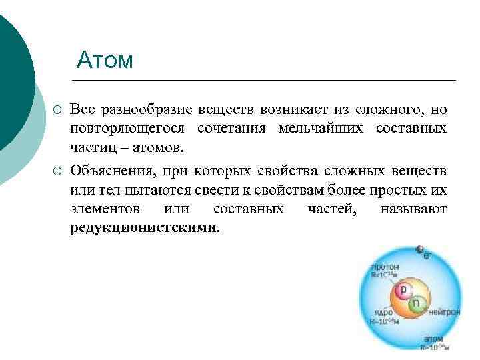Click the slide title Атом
click(105, 60)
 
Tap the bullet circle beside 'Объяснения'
click(58, 173)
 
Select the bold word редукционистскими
click(143, 227)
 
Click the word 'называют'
click(413, 209)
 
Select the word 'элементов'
click(105, 209)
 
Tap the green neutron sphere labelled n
click(417, 305)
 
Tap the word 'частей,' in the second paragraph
click(332, 209)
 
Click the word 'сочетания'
click(227, 127)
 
